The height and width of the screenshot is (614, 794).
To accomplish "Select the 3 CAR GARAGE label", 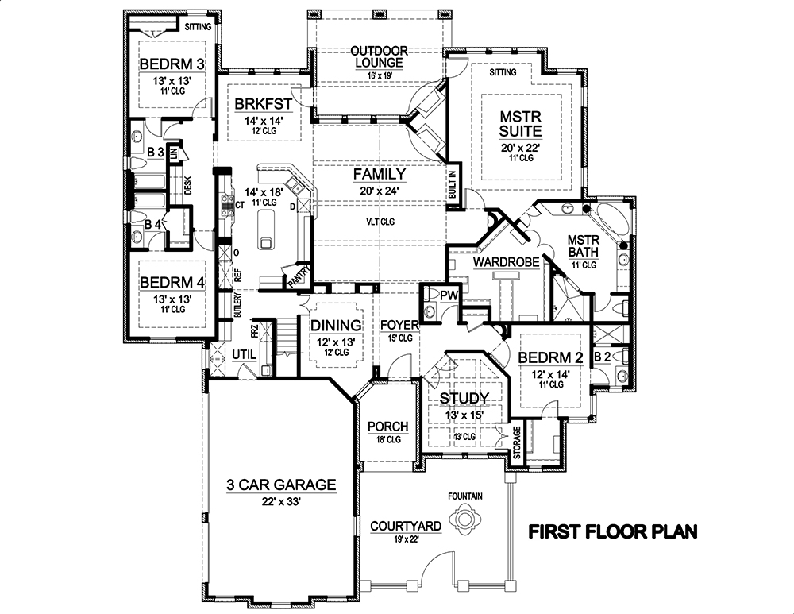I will tap(281, 484).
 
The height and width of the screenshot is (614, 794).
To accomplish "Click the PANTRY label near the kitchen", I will tap(300, 275).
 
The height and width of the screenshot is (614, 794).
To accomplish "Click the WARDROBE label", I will tap(507, 261).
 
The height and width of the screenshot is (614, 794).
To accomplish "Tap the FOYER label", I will tap(394, 325).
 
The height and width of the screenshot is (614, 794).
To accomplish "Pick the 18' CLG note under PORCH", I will tap(388, 442).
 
